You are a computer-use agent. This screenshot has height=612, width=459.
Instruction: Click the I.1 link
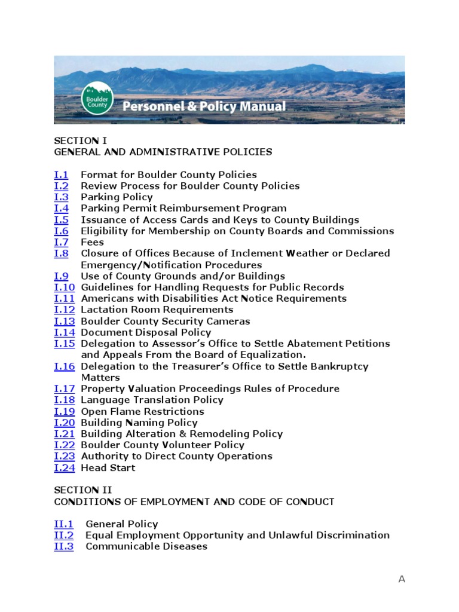[61, 175]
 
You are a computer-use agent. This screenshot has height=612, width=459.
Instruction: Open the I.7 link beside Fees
[61, 243]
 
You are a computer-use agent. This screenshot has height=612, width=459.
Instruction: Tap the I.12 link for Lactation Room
[64, 310]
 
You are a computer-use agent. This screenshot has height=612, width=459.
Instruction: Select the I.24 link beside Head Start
[64, 468]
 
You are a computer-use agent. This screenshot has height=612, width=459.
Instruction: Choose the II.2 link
[64, 535]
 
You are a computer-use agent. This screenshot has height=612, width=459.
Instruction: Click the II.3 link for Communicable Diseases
[64, 547]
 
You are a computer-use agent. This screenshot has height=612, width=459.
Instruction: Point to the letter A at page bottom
[402, 579]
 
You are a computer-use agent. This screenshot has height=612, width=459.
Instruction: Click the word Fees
[92, 243]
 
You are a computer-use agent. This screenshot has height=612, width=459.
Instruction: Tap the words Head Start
[108, 468]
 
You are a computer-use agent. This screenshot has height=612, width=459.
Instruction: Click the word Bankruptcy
[337, 366]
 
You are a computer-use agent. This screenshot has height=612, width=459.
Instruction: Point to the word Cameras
[228, 322]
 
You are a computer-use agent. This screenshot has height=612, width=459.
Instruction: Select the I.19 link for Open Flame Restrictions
[64, 412]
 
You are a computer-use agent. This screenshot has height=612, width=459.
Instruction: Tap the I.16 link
[64, 366]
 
